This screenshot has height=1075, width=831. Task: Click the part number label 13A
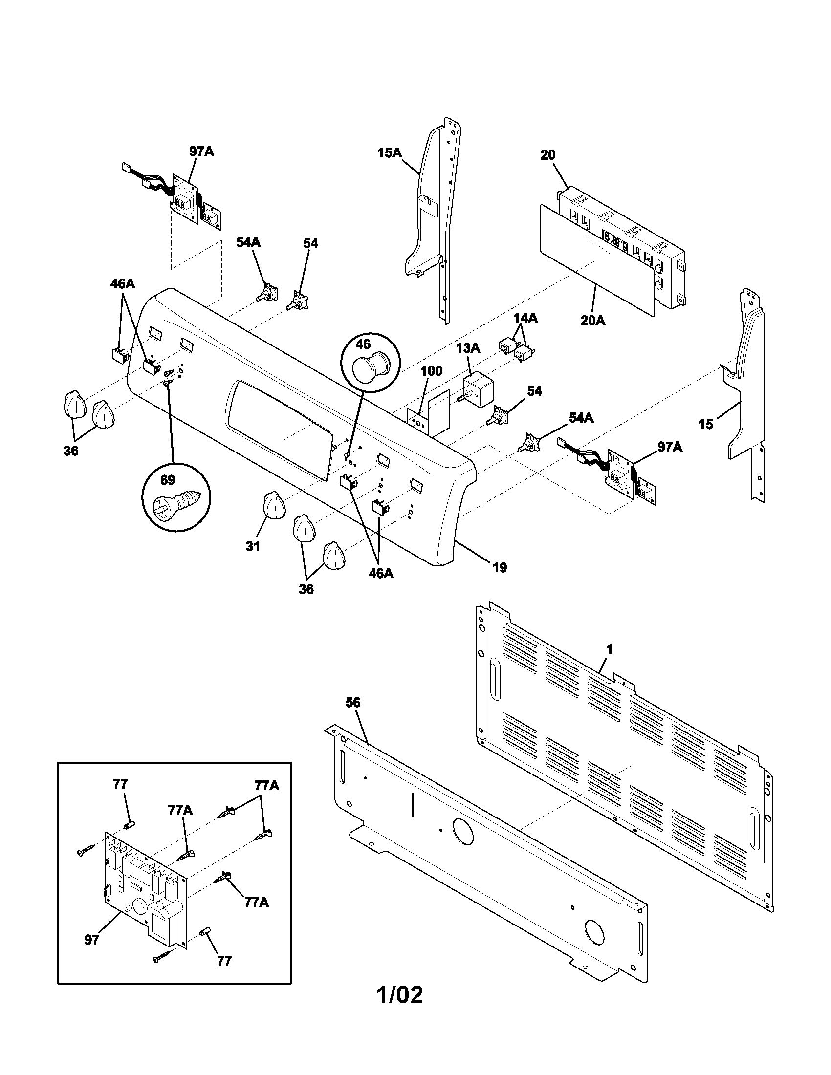click(x=468, y=348)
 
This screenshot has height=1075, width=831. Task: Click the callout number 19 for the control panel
click(x=499, y=567)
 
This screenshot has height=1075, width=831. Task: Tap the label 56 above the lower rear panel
click(x=352, y=703)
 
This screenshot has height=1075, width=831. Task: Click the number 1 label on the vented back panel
click(x=609, y=649)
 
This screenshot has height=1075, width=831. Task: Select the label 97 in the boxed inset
click(x=91, y=940)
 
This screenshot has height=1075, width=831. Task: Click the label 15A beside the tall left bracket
click(x=390, y=153)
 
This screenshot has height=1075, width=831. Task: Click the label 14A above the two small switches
click(x=525, y=319)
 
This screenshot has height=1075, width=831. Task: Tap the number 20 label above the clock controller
click(x=548, y=155)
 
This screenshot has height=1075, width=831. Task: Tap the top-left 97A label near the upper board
click(x=201, y=151)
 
